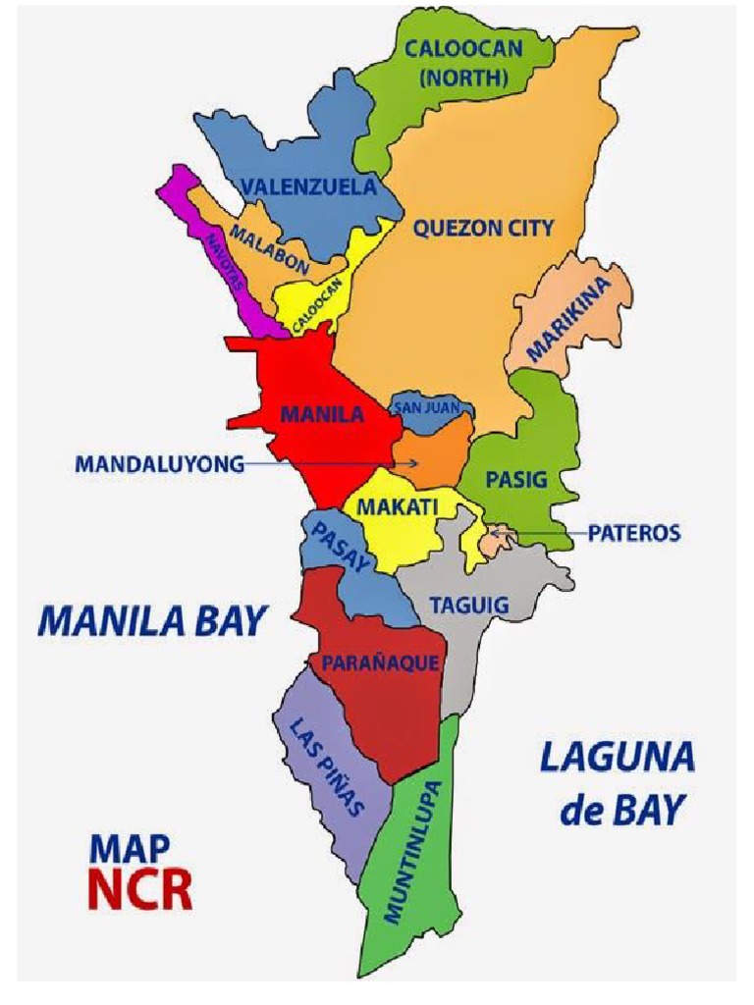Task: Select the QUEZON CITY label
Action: click(483, 229)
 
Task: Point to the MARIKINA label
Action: click(568, 320)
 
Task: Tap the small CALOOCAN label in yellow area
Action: click(316, 305)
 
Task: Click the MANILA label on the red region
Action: click(322, 414)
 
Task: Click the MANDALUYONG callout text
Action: click(159, 465)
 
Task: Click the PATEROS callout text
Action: click(633, 534)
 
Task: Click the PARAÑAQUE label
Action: click(380, 663)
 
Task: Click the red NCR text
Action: click(139, 888)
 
